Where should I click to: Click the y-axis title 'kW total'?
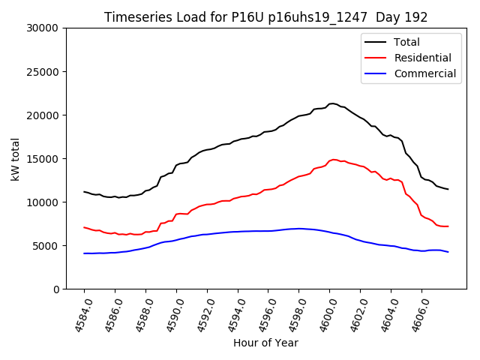(x=16, y=158)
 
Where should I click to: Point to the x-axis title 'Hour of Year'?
(x=265, y=343)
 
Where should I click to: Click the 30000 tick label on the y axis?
(x=43, y=28)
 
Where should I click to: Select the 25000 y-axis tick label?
(x=43, y=72)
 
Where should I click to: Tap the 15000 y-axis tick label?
(x=43, y=159)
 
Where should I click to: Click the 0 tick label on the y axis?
(x=56, y=289)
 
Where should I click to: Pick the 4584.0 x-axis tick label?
(x=79, y=313)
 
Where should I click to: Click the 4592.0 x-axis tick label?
(x=202, y=313)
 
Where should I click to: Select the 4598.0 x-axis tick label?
(x=295, y=313)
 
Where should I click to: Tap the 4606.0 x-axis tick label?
(x=417, y=313)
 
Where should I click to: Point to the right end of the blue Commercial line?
(x=448, y=252)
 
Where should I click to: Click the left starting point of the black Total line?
(x=84, y=191)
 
